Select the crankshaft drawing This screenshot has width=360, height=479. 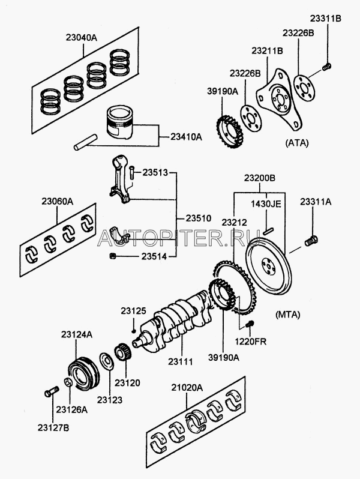point(178,318)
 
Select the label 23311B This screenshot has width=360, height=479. point(326,19)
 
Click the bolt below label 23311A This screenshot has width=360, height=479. point(311,241)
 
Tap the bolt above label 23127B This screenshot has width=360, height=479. point(50,393)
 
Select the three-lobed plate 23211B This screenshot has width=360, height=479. point(277,100)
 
